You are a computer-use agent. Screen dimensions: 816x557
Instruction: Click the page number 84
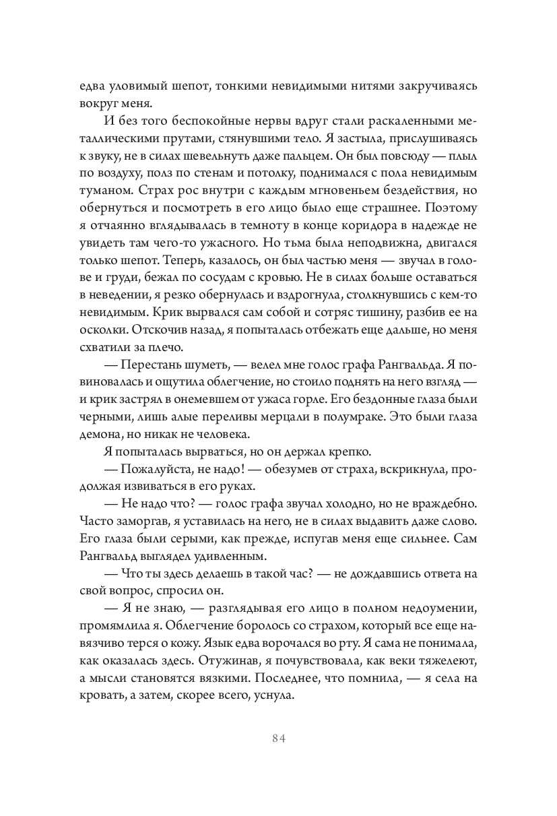[279, 738]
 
